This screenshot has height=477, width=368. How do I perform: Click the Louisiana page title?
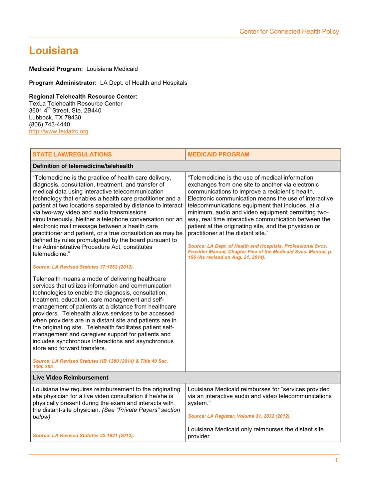(54, 51)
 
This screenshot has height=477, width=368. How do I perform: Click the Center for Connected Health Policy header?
(289, 32)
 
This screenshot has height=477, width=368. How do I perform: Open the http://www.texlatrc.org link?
(59, 131)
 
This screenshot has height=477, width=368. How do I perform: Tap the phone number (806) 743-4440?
(50, 124)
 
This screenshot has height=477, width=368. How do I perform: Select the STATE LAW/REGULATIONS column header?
(72, 154)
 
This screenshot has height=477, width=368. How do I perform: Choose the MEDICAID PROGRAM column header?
(218, 154)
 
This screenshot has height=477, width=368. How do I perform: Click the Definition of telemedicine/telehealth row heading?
(83, 166)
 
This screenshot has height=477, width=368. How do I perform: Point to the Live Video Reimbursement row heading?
(71, 378)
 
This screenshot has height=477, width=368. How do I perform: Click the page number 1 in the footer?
(336, 460)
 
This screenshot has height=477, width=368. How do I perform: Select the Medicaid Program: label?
(56, 69)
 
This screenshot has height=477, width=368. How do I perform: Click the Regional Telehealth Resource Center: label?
(83, 97)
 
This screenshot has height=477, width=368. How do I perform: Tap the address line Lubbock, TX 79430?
(55, 117)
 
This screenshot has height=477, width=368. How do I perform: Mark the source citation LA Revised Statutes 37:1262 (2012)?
(83, 267)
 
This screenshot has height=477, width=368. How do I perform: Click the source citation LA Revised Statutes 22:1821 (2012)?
(83, 435)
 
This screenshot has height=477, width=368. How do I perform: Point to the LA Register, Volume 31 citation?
(239, 416)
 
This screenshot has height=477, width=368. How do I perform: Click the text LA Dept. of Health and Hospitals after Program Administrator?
(144, 83)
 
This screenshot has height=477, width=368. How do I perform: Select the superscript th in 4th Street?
(49, 108)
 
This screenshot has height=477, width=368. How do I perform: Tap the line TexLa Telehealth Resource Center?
(76, 104)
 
